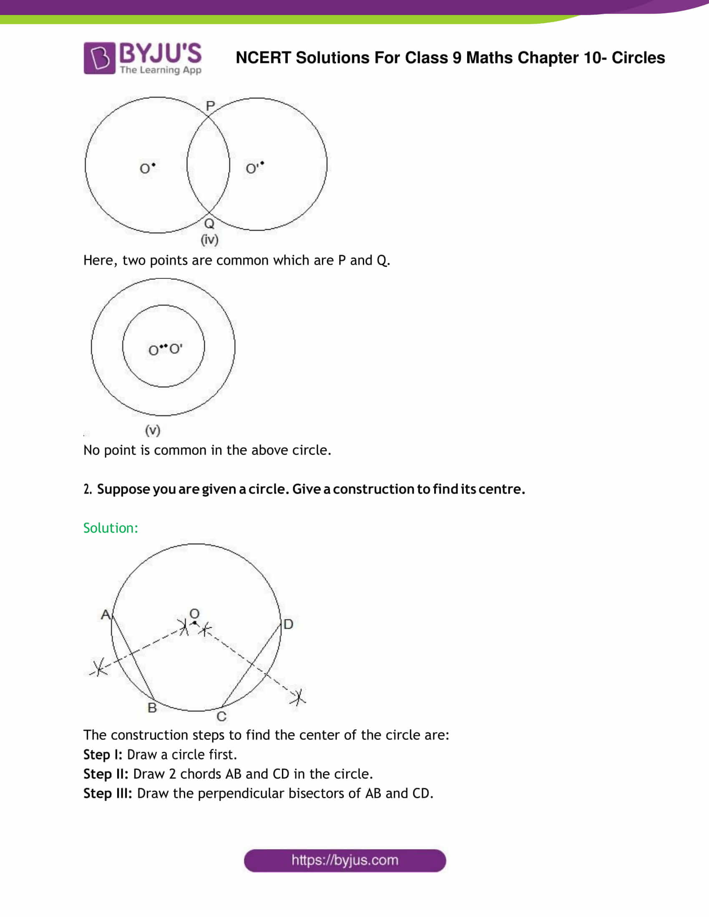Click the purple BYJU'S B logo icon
coord(99,58)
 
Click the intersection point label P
coord(211,106)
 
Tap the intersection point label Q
coord(209,223)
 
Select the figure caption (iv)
coord(210,240)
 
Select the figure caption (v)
coord(153,430)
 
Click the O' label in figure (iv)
coord(252,169)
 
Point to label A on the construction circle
coord(106,615)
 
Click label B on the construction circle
coord(152,708)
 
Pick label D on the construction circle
coord(288,624)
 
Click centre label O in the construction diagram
coord(194,614)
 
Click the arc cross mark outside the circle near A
coord(99,667)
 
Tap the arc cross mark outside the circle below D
coord(298,697)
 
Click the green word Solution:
coord(111,528)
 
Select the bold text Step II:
coord(106,774)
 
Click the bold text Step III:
coord(108,793)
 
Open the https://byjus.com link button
coord(344,860)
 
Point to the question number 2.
coord(87,489)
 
